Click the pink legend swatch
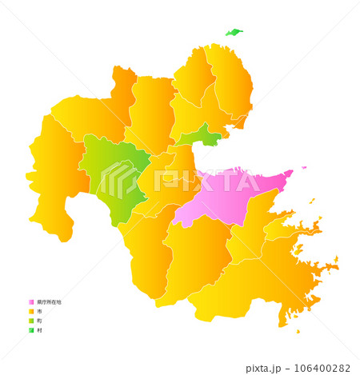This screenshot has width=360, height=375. [30, 302]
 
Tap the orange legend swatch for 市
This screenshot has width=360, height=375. [30, 312]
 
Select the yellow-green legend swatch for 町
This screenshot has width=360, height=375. [30, 321]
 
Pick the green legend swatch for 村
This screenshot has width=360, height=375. [30, 330]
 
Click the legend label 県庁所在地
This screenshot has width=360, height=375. [48, 302]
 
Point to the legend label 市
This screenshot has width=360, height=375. [39, 312]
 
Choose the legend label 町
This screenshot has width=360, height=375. [39, 321]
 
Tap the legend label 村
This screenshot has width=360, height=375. [39, 330]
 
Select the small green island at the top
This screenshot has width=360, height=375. [234, 33]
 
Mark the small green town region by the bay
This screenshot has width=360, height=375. [207, 136]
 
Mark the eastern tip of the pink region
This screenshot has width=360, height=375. [290, 171]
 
